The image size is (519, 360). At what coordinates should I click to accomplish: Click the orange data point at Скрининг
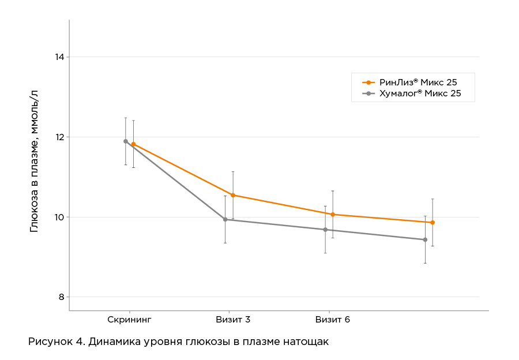click(133, 144)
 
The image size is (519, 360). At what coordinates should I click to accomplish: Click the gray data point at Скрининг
click(126, 141)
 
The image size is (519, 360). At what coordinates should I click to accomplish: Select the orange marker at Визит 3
click(233, 195)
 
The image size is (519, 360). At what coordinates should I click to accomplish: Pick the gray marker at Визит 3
click(225, 219)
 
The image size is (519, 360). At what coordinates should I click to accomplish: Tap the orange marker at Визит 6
click(333, 215)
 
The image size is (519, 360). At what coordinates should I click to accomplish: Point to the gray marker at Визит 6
click(325, 230)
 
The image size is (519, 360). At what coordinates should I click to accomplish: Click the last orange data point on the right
click(432, 222)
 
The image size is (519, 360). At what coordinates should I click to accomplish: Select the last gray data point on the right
click(425, 239)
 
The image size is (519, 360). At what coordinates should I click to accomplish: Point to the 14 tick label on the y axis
click(59, 57)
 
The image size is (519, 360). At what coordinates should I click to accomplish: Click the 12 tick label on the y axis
click(59, 137)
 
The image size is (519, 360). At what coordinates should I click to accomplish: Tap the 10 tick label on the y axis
click(59, 217)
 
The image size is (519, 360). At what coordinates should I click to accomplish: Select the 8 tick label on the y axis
click(61, 297)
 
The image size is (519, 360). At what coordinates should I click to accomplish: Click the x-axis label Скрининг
click(129, 319)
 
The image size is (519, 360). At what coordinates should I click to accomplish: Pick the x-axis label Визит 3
click(233, 319)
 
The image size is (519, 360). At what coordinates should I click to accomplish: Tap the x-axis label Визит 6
click(333, 319)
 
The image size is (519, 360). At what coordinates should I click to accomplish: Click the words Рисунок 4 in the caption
click(56, 342)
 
